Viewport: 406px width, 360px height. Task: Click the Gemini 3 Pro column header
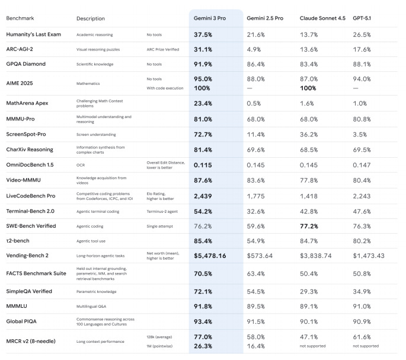click(x=211, y=18)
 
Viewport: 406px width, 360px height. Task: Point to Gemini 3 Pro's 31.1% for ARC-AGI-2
click(x=203, y=49)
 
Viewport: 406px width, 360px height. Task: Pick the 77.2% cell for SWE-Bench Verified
click(x=311, y=226)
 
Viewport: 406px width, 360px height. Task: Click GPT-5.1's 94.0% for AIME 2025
click(x=363, y=79)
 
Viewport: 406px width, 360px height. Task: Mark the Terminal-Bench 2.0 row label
click(x=31, y=211)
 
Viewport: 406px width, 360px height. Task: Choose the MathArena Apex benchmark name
click(x=27, y=103)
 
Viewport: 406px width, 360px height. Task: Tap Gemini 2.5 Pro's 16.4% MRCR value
click(x=256, y=346)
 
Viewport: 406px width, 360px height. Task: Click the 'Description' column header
click(x=90, y=18)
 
